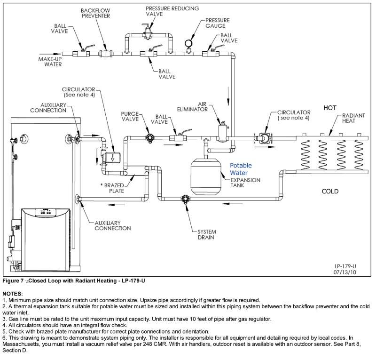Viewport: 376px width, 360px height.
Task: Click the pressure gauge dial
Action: coord(189,42)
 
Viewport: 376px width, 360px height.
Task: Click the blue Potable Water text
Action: coord(241,169)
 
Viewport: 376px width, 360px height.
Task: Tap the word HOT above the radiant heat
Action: coord(330,108)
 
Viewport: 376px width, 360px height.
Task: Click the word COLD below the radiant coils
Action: coord(330,192)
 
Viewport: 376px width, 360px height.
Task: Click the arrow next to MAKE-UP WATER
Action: coord(52,53)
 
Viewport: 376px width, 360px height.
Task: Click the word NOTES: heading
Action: coord(16,293)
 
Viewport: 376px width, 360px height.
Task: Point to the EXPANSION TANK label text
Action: coord(245,183)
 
